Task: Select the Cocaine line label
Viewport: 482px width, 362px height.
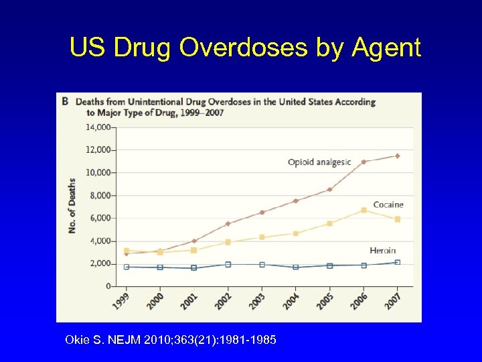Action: (388, 204)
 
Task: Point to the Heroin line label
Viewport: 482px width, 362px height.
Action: (382, 251)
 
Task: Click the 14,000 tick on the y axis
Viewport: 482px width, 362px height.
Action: (98, 127)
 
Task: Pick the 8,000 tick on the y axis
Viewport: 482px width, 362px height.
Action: (100, 195)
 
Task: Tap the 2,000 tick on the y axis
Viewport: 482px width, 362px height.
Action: (100, 263)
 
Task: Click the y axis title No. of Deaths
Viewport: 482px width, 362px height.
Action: (72, 206)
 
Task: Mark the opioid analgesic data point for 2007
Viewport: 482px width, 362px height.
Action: (398, 156)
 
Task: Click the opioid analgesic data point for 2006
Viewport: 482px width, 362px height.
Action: (364, 162)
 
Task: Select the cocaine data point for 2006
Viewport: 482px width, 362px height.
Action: (364, 210)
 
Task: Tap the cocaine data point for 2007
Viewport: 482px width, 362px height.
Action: (398, 219)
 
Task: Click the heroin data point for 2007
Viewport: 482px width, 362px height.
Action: (398, 262)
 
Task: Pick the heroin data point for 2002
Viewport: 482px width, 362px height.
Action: (228, 264)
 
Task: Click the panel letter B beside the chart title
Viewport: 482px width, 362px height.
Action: (65, 102)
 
